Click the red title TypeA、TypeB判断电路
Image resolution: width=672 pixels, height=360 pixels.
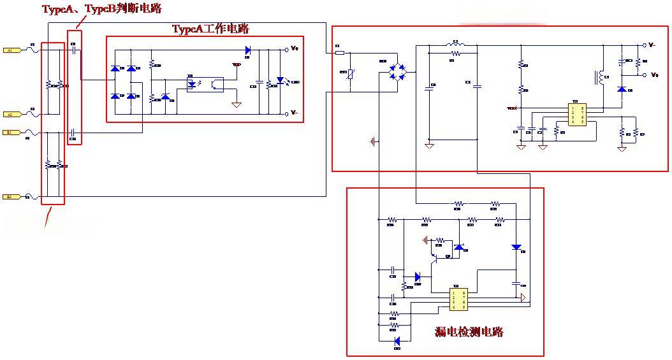[102, 8]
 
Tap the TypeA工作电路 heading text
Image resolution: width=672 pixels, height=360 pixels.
[210, 29]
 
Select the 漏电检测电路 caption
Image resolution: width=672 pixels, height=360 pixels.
[469, 331]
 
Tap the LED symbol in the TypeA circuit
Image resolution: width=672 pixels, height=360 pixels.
[280, 82]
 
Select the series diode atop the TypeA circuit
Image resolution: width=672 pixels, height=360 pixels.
[248, 49]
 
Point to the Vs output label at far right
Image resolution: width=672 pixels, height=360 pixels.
[654, 75]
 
